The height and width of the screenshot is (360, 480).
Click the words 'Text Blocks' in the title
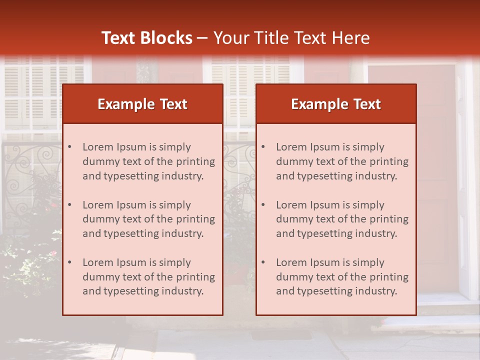point(146,38)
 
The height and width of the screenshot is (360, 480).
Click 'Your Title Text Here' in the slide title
point(291,38)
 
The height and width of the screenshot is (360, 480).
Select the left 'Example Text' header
point(142,104)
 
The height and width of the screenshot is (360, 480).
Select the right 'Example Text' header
point(336,104)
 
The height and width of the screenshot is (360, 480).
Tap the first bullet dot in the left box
point(69,147)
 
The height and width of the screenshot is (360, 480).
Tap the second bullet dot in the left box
point(69,205)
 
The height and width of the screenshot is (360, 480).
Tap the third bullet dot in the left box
point(69,262)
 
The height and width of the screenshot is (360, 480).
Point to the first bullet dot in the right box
point(263,147)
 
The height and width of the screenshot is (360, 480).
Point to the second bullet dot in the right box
point(263,205)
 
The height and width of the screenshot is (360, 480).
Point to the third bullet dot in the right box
point(263,262)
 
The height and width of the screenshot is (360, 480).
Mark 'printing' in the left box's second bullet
point(196,219)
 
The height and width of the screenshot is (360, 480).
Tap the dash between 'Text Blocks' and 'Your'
point(202,38)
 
